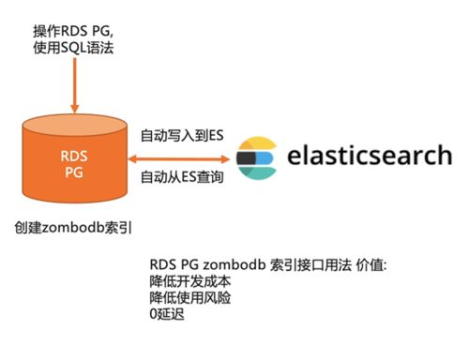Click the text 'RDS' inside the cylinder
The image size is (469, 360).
73,157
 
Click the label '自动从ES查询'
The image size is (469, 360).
182,176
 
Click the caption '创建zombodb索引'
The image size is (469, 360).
70,227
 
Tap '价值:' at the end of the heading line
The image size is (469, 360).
379,265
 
